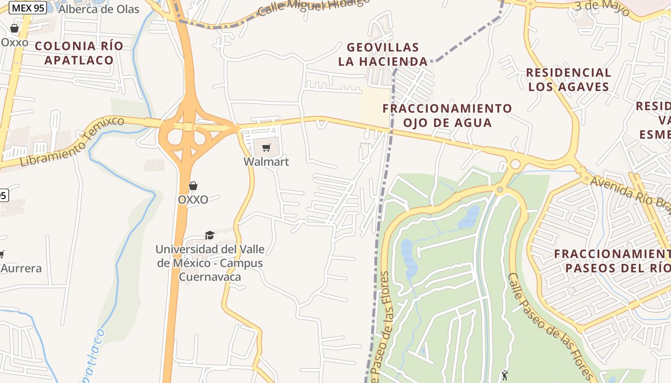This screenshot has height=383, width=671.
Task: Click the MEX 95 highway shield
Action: click(x=27, y=8)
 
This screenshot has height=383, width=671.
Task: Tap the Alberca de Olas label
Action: click(x=99, y=9)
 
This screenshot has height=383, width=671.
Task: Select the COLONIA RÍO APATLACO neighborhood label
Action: click(x=79, y=53)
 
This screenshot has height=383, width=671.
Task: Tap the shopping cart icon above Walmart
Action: click(x=266, y=147)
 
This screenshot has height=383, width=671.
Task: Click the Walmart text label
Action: click(x=266, y=162)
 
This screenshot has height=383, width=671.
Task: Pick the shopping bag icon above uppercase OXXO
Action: click(x=193, y=186)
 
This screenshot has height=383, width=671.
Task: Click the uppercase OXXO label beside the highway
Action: click(x=193, y=200)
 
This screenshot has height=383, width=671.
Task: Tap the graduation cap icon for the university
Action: click(x=209, y=235)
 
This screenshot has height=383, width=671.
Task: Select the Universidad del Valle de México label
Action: click(x=209, y=263)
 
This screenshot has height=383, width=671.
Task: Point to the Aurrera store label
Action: click(x=21, y=268)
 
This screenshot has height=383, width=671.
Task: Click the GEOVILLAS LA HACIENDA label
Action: click(x=383, y=54)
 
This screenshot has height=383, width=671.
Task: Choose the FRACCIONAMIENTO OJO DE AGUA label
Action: click(x=447, y=115)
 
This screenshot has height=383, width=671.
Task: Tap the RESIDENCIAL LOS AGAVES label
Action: click(x=568, y=79)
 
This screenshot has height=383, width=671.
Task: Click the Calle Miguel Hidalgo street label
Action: click(x=313, y=7)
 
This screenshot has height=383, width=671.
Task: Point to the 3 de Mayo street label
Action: click(x=602, y=7)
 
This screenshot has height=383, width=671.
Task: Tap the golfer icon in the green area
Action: click(x=504, y=375)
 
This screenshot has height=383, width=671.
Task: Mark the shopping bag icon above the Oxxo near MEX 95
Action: click(x=14, y=28)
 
